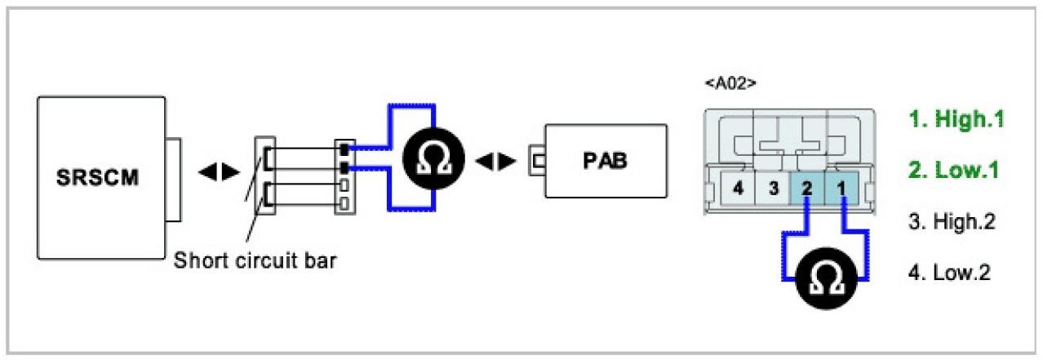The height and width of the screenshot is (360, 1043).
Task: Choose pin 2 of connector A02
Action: (806, 189)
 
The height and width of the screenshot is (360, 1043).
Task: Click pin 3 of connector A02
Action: (771, 189)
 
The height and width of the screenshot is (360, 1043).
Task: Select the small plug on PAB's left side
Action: (537, 160)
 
